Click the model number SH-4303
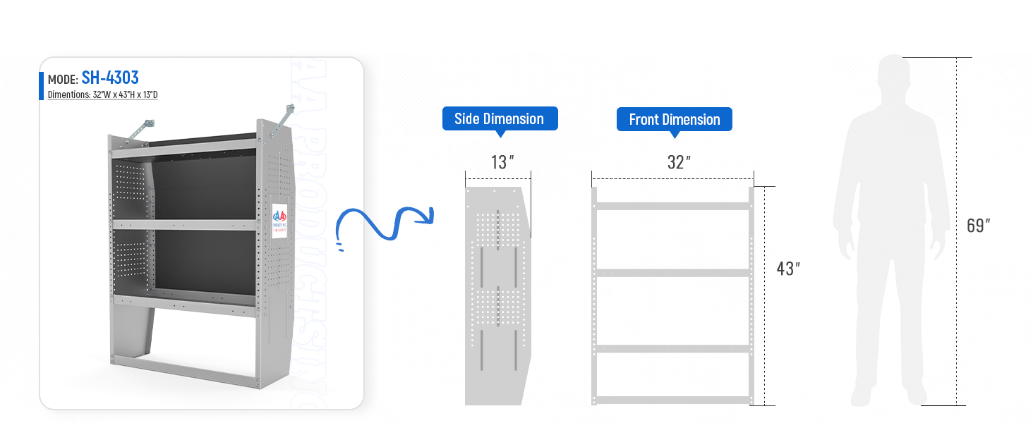(x=109, y=78)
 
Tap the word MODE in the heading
(x=62, y=79)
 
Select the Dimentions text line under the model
(x=102, y=94)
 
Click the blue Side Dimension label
(x=500, y=118)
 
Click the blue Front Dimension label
(x=674, y=119)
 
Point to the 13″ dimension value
(x=500, y=162)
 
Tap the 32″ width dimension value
(x=677, y=162)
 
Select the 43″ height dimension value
(x=787, y=269)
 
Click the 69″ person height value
(x=978, y=226)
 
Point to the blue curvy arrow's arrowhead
(x=425, y=216)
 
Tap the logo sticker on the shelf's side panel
(x=280, y=220)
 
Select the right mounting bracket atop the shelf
(x=284, y=116)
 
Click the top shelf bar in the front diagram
(x=674, y=206)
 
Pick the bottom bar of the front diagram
(x=674, y=400)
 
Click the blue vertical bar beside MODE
(x=42, y=85)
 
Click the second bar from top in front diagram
(x=674, y=272)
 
